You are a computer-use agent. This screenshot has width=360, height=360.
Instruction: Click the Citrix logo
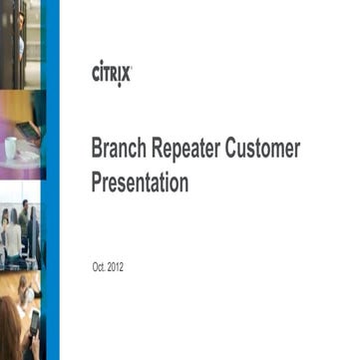tap(111, 74)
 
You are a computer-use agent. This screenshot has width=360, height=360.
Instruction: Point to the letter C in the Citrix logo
tap(96, 75)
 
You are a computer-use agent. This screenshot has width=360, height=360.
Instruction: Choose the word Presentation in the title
tap(140, 183)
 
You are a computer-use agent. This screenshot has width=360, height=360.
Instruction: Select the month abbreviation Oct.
tap(99, 268)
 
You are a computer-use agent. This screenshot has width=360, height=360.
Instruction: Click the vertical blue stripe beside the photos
tap(52, 180)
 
